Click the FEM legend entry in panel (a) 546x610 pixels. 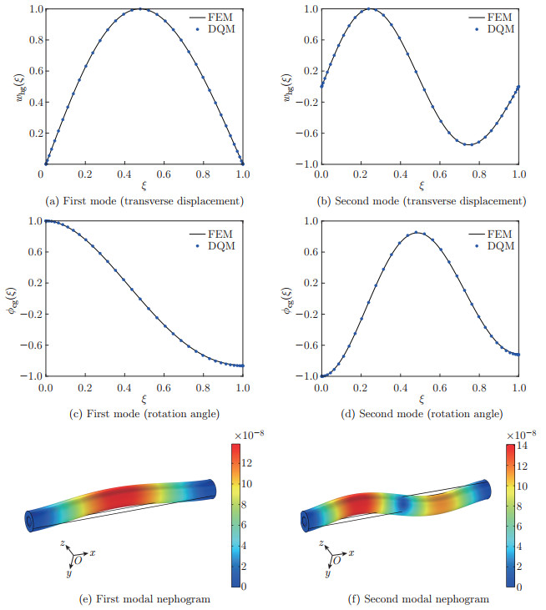(x=211, y=18)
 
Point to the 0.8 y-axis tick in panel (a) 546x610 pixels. (x=36, y=40)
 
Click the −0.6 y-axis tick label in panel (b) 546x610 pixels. (x=306, y=133)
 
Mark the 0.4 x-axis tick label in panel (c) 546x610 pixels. (x=124, y=387)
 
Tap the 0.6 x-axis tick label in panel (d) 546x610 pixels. (x=439, y=387)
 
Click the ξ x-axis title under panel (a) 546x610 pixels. (x=144, y=186)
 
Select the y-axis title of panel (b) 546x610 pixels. (x=287, y=87)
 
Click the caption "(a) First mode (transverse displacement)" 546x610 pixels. (x=144, y=201)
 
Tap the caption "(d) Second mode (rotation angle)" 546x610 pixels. (x=422, y=414)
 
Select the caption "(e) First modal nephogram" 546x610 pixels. (x=144, y=599)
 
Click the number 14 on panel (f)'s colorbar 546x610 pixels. (x=523, y=446)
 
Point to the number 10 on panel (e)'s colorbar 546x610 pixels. (x=247, y=483)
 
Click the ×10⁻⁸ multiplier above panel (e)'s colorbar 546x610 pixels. (x=247, y=435)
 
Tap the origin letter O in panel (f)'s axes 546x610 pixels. (x=336, y=560)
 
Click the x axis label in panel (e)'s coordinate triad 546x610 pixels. (x=93, y=552)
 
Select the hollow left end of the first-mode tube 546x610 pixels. (x=30, y=521)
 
